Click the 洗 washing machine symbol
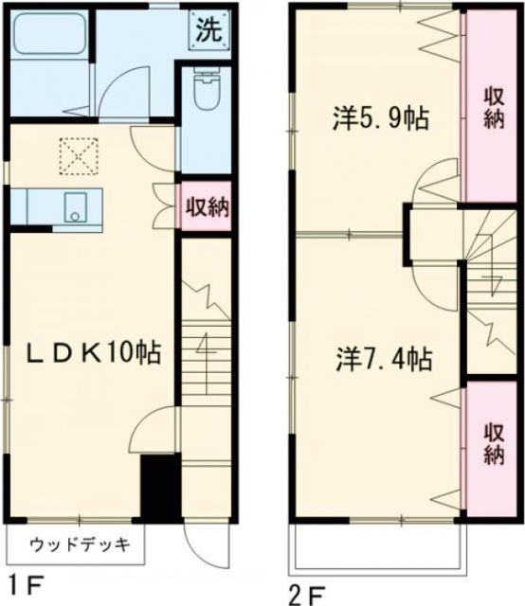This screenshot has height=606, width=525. [x=208, y=27]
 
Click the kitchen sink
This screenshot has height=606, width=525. [x=74, y=207]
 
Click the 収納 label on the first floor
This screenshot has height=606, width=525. [x=205, y=205]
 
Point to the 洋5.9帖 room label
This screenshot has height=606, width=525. [x=378, y=119]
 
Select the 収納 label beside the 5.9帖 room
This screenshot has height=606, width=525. [x=493, y=106]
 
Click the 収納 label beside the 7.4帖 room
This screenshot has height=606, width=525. [x=494, y=442]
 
